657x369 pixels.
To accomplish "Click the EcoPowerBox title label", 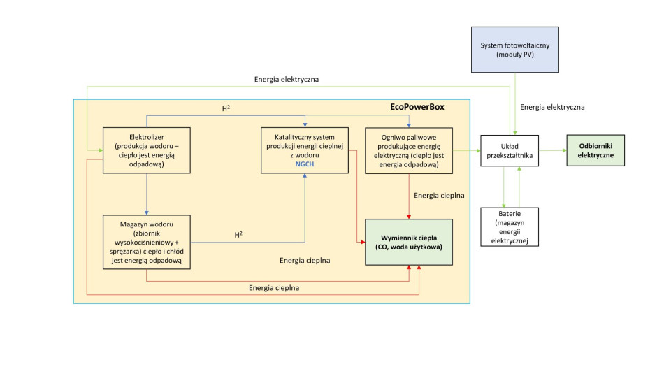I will tap(417, 107).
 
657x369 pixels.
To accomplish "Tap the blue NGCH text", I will tap(305, 164).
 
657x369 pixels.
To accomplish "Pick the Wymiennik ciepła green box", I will tap(408, 242).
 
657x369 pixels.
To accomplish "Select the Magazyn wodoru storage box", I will tap(146, 242).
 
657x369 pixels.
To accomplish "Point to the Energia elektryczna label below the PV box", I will tap(552, 107).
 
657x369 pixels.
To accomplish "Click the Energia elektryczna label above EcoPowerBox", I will tap(287, 79).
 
